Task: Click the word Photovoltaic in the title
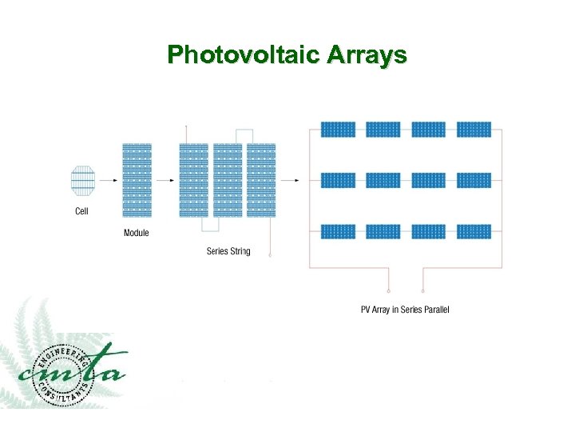(234, 54)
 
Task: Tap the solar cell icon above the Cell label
(82, 181)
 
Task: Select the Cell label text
(81, 211)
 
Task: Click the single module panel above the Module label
(137, 180)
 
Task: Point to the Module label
(136, 233)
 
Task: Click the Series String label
(228, 251)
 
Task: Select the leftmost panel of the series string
(193, 180)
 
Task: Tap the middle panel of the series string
(228, 180)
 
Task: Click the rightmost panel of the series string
(261, 180)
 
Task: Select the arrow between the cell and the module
(107, 181)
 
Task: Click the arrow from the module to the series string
(165, 181)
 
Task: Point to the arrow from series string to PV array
(290, 181)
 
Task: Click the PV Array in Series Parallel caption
(405, 310)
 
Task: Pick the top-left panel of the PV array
(338, 130)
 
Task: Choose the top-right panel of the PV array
(474, 130)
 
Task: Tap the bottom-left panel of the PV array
(338, 231)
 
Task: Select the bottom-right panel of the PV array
(474, 231)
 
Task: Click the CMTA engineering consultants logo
(72, 373)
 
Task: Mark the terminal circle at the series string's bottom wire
(269, 255)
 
